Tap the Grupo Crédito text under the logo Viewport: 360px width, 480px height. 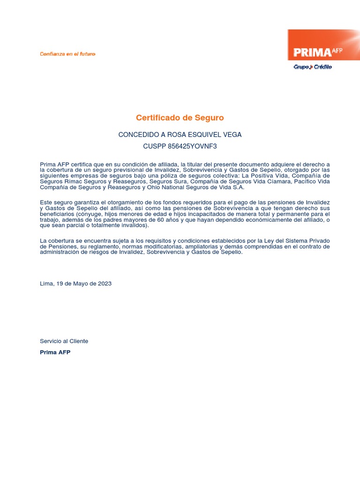coord(313,67)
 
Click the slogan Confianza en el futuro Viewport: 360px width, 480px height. coord(67,54)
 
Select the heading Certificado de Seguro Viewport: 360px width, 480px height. coord(180,118)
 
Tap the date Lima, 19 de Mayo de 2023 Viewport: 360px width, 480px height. coord(76,284)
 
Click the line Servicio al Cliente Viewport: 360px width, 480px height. coord(64,341)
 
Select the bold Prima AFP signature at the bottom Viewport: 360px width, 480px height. coord(55,352)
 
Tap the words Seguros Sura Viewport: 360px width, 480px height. coord(165,181)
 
